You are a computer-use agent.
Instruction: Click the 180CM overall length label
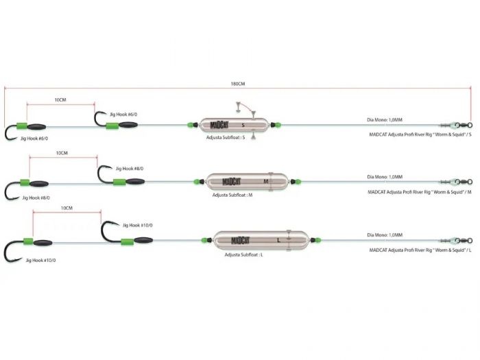click(x=238, y=84)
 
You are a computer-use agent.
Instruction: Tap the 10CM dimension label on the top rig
click(x=60, y=100)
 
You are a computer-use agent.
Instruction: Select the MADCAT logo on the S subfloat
click(x=219, y=125)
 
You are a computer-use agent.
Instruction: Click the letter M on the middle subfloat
click(x=266, y=182)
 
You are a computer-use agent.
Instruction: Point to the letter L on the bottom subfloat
click(x=278, y=240)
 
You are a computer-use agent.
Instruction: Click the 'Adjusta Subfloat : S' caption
click(x=226, y=137)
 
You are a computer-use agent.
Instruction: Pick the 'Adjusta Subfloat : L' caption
click(x=243, y=254)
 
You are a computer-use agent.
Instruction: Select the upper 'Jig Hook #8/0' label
click(x=130, y=169)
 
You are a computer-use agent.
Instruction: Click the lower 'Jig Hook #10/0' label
click(x=40, y=260)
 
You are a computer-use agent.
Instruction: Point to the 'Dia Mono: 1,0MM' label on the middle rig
click(x=385, y=177)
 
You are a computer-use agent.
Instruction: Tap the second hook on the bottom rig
click(x=110, y=232)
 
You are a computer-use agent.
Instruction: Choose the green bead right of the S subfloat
click(x=278, y=125)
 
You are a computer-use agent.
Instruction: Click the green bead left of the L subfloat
click(x=204, y=240)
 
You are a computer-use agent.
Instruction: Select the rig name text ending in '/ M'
click(x=420, y=192)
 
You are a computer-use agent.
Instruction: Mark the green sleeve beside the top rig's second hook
click(x=112, y=125)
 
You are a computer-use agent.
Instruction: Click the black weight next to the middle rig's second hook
click(x=135, y=182)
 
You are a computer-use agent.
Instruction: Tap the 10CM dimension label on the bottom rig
click(x=67, y=208)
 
